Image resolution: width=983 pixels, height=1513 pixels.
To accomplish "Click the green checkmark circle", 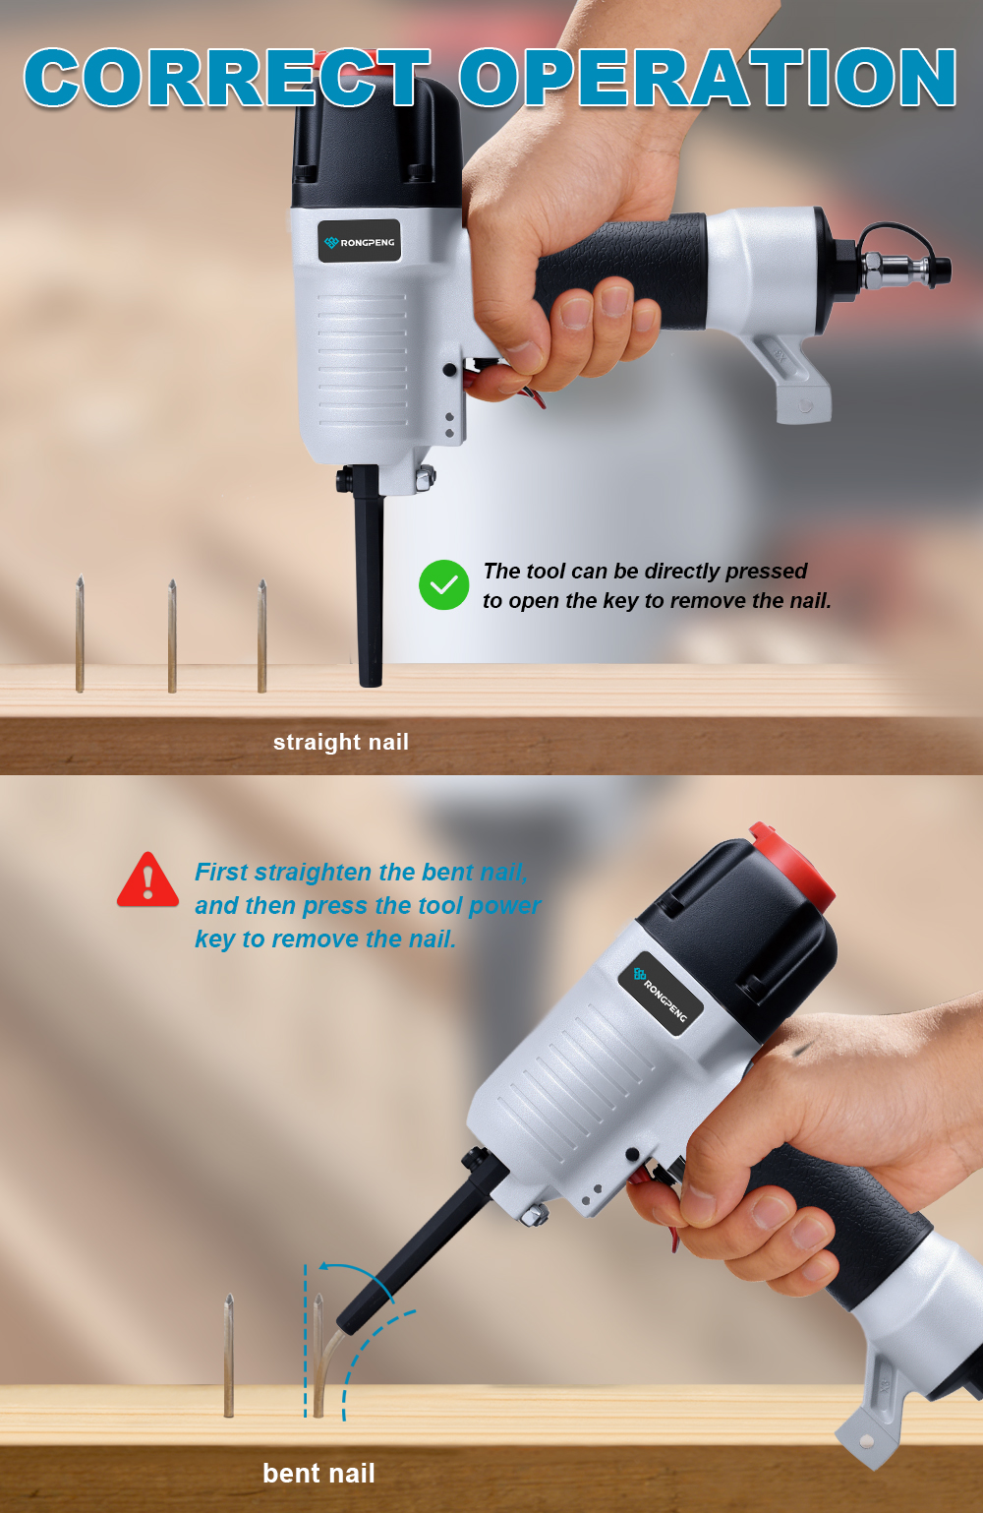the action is click(x=443, y=585).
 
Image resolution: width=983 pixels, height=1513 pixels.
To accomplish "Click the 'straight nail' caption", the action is click(x=341, y=743).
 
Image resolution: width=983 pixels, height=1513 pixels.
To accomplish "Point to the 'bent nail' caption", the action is click(x=318, y=1473).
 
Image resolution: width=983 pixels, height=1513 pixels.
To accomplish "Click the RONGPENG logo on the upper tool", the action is click(x=359, y=241).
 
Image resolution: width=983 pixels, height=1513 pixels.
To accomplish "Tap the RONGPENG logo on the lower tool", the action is click(x=661, y=994).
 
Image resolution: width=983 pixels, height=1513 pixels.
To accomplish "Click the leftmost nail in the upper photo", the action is click(x=80, y=634).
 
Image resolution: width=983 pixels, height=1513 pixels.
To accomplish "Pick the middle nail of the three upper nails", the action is click(x=172, y=635).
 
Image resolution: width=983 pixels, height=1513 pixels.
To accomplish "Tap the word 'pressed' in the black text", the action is click(x=767, y=572).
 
